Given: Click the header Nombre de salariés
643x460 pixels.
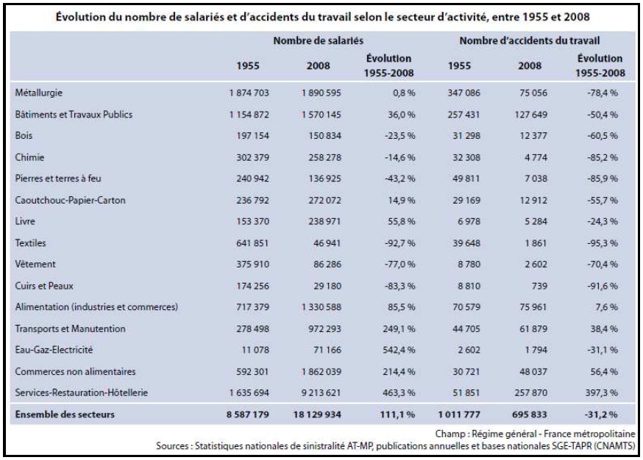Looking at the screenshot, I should [319, 39].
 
